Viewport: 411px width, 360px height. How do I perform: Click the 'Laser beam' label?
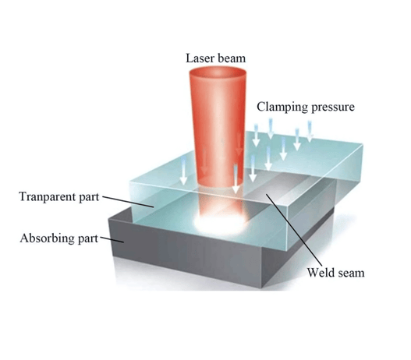[215, 58]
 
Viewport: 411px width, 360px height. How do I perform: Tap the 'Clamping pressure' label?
[306, 107]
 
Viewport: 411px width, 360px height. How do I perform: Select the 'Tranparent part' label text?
[59, 196]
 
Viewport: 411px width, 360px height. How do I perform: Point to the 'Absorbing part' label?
[59, 238]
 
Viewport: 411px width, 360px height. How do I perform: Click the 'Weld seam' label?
[336, 273]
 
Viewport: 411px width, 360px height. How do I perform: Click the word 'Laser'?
[198, 58]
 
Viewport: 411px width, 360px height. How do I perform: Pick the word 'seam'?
[351, 274]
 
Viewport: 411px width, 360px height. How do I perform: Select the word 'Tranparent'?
[48, 196]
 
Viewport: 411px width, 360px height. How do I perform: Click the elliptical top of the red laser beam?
[218, 72]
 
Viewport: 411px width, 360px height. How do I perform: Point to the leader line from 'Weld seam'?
[294, 231]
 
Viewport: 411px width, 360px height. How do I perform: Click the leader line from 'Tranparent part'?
[128, 201]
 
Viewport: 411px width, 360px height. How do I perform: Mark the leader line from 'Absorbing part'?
[112, 240]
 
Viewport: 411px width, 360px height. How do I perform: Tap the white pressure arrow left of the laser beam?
[183, 171]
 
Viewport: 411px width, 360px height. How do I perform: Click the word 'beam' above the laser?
[230, 58]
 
